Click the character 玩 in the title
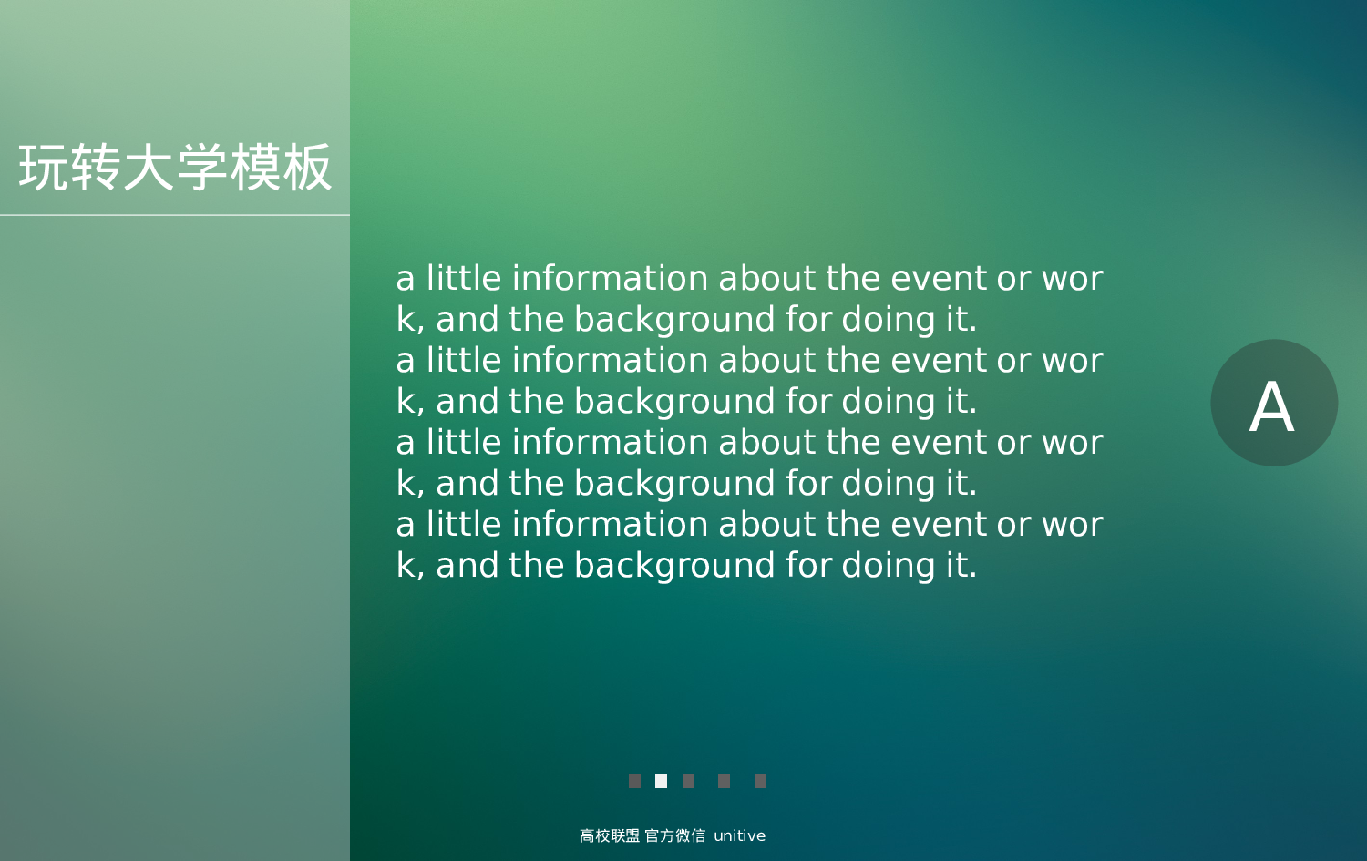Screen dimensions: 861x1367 pos(44,168)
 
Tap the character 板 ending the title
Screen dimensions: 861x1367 pos(307,168)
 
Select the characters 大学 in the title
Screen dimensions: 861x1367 pos(175,168)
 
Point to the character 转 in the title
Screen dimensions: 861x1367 pos(96,168)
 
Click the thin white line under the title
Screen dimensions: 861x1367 pos(175,215)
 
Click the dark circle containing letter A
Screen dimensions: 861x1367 pos(1273,403)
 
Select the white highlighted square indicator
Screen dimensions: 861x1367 pos(661,781)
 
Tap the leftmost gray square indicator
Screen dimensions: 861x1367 pos(634,781)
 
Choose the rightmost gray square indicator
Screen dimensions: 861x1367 pos(760,781)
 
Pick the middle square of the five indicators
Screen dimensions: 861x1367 pos(688,781)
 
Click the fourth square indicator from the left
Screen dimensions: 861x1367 pos(724,781)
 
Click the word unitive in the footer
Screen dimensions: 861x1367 pos(739,835)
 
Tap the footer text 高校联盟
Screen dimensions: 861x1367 pos(609,835)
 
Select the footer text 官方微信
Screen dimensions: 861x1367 pos(674,835)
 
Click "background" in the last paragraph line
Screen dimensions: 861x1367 pos(674,566)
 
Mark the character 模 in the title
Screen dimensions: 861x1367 pos(255,168)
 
